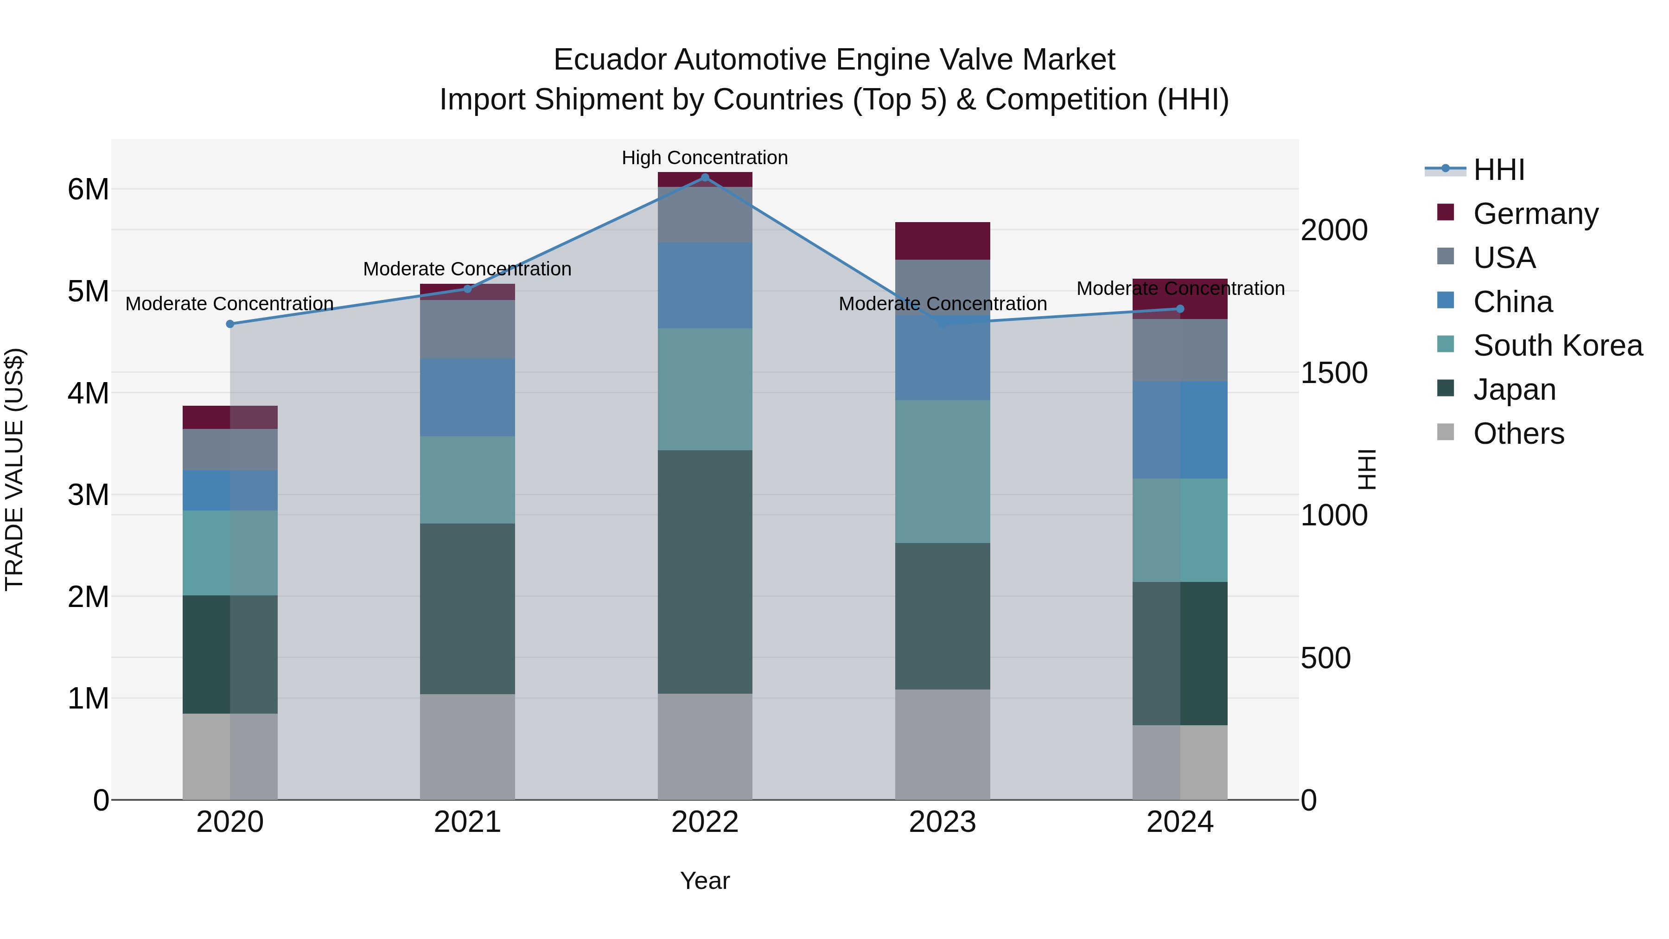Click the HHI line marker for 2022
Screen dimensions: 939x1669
tap(705, 177)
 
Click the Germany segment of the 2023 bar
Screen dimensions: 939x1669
tap(943, 240)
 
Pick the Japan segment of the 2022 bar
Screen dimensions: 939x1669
tap(705, 572)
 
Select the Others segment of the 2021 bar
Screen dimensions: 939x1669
tap(467, 747)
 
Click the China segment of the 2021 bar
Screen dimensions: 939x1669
tap(467, 397)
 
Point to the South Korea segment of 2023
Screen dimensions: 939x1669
tap(943, 471)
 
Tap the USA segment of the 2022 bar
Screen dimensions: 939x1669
tap(705, 215)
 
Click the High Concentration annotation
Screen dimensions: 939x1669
tap(705, 158)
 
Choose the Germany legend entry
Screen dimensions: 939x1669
tap(1535, 213)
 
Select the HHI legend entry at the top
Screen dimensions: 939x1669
tap(1498, 170)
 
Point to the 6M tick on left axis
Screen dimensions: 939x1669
tap(88, 189)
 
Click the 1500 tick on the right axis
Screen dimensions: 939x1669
tap(1334, 373)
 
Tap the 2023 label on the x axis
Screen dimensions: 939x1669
tap(943, 822)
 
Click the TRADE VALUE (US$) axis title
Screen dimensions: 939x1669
tap(14, 469)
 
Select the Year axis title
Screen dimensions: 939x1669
tap(705, 881)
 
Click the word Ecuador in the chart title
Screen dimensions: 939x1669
tap(610, 60)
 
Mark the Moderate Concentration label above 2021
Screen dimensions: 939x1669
tap(467, 269)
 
